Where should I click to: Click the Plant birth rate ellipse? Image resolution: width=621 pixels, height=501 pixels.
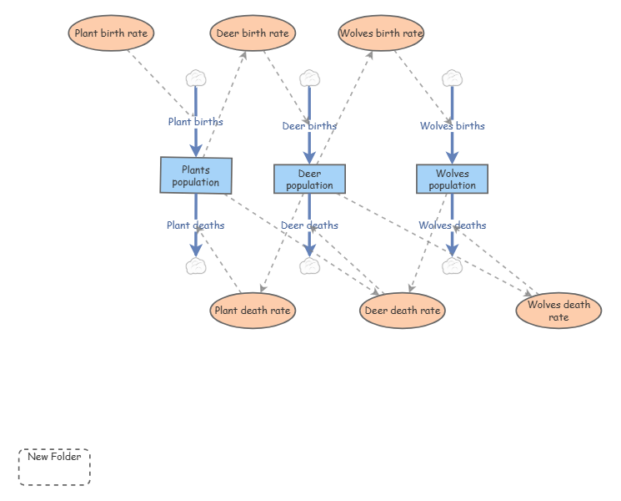[111, 33]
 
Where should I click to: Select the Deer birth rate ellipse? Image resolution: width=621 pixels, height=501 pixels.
[253, 33]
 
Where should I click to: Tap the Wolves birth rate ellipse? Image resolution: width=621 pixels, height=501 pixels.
[381, 33]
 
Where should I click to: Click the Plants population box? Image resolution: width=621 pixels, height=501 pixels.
[196, 175]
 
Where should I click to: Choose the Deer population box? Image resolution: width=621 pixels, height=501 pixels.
[310, 179]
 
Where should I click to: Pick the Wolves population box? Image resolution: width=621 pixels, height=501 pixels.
[453, 179]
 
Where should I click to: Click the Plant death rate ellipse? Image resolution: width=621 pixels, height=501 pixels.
[253, 311]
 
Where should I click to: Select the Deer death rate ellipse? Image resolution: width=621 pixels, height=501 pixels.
[403, 311]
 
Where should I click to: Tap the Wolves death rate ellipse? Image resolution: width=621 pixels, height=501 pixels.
[558, 311]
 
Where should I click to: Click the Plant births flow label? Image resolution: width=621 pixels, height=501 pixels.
[196, 122]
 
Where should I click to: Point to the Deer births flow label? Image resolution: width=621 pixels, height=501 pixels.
[310, 126]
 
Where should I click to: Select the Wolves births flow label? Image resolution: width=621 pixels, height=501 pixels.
[453, 126]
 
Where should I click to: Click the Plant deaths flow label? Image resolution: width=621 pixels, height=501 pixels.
[196, 225]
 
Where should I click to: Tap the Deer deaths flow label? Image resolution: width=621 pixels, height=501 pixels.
[310, 225]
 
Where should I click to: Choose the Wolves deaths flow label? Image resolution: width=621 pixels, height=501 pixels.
[453, 225]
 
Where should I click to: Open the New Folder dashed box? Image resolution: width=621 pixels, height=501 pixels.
[54, 467]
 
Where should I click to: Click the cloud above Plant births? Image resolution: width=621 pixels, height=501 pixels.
[196, 78]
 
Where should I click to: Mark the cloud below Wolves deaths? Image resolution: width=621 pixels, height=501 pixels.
[453, 266]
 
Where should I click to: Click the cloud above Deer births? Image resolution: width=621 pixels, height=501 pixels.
[310, 78]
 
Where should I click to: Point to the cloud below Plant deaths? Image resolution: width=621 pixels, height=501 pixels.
[196, 266]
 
